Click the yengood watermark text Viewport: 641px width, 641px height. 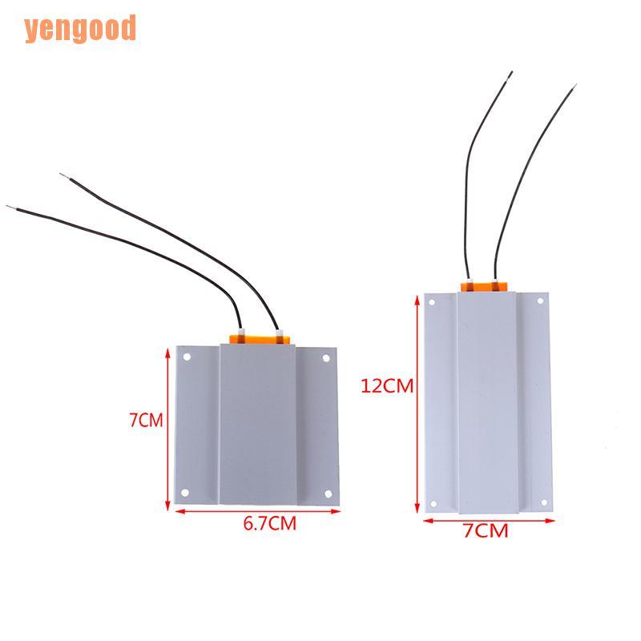click(x=80, y=29)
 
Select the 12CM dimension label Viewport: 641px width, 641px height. click(x=387, y=385)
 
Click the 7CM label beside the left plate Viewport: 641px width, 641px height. click(x=146, y=420)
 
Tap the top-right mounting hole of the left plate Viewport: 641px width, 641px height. click(x=326, y=358)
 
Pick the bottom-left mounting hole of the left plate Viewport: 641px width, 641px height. click(x=185, y=493)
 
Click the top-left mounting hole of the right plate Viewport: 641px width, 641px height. click(x=433, y=302)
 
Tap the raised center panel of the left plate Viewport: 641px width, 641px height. click(x=257, y=425)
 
